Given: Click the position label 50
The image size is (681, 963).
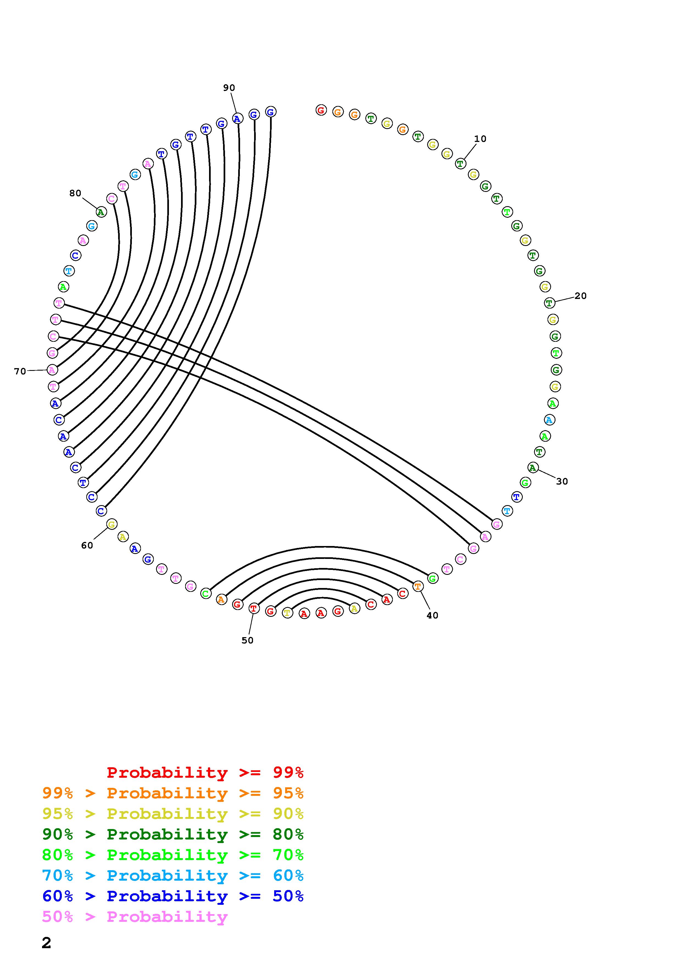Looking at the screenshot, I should coord(248,640).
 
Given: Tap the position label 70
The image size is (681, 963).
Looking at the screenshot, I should coord(20,371).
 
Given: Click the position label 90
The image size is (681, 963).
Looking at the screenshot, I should coord(229,88).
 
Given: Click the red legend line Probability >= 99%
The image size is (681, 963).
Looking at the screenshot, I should coord(205,772).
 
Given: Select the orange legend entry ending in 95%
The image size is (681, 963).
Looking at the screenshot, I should coord(173,793).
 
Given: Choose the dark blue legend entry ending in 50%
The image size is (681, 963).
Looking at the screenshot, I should coord(173,896).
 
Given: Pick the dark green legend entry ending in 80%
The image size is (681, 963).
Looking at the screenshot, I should coord(173,834).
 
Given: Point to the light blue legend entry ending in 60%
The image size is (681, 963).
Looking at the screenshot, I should coord(173,876).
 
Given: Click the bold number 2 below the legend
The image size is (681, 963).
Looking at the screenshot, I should coord(47,943).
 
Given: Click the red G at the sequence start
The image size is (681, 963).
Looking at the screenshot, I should coord(321,110).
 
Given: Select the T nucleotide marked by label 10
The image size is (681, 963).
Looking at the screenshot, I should coord(460,164).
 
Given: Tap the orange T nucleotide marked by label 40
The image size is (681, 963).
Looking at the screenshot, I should coord(418,586).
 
